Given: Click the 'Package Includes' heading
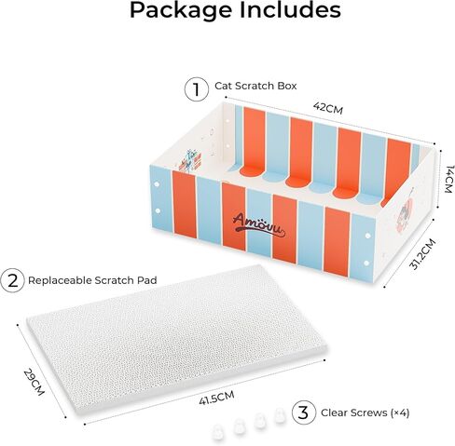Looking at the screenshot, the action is (x=235, y=11).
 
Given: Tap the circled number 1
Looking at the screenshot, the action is (x=197, y=89).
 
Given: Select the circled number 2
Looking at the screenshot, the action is (x=12, y=280).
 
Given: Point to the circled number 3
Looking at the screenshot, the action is (x=304, y=412).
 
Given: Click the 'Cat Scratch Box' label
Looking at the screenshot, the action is (x=255, y=86).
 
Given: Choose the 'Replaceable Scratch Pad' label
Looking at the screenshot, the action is (x=92, y=280).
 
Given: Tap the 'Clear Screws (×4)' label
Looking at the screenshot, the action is (x=365, y=412).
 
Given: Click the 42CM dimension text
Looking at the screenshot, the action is (x=328, y=108).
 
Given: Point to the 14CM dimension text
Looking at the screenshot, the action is (x=449, y=180).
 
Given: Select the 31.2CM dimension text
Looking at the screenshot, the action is (x=422, y=254).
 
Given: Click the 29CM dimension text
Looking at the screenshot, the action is (x=34, y=382).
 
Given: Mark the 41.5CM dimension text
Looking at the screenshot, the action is (x=216, y=398).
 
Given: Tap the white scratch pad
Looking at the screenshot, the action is (x=177, y=340).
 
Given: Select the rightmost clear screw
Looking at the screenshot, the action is (x=279, y=415).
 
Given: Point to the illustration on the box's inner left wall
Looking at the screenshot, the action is (x=191, y=160).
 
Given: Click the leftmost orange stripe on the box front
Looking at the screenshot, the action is (x=185, y=205).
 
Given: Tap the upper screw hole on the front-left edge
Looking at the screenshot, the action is (x=157, y=184).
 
